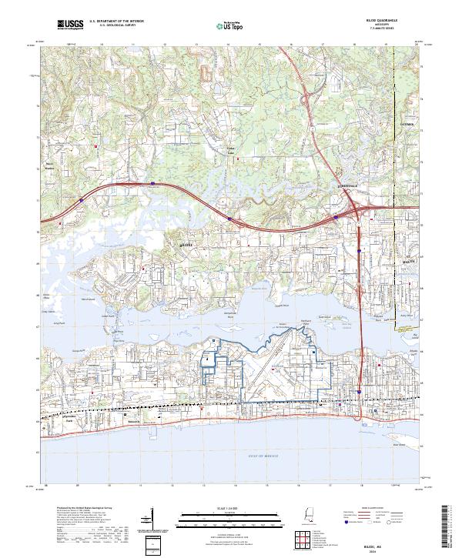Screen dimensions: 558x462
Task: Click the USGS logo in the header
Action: pyautogui.click(x=70, y=27)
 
